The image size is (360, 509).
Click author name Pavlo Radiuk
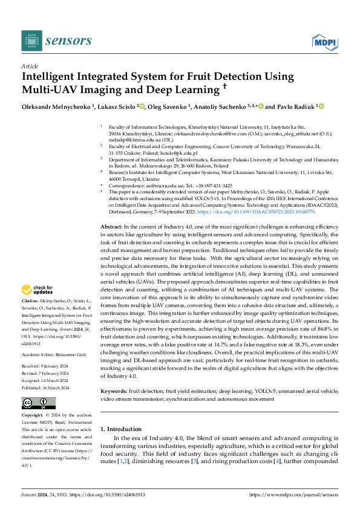(x=293, y=106)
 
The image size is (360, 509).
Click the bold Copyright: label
(x=34, y=416)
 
